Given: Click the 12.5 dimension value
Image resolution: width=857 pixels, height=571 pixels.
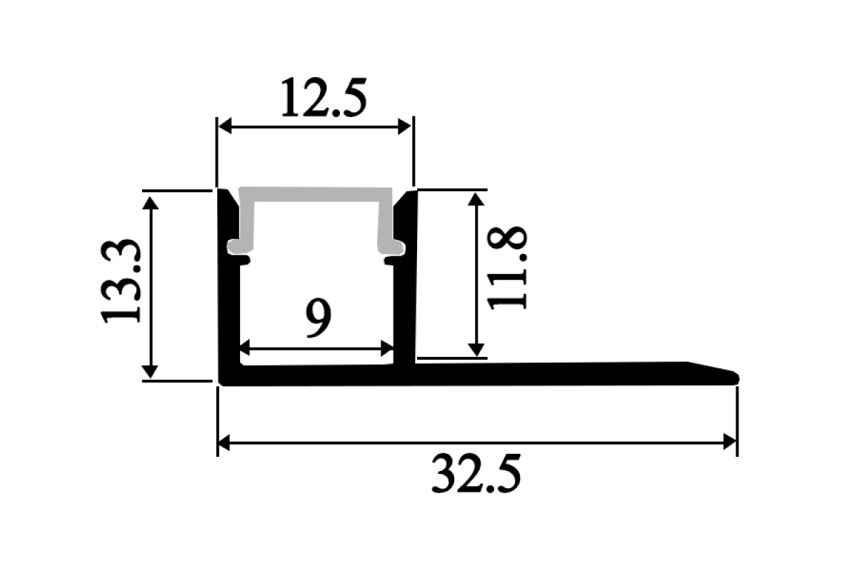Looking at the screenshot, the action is pyautogui.click(x=324, y=98).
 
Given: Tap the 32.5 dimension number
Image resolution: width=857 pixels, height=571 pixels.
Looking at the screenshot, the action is pyautogui.click(x=476, y=473).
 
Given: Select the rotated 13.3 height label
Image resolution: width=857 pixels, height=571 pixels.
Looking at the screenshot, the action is pyautogui.click(x=121, y=281).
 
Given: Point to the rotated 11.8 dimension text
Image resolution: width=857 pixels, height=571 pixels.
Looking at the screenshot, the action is pyautogui.click(x=507, y=268).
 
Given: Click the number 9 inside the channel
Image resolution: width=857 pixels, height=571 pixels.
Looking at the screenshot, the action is pyautogui.click(x=319, y=318).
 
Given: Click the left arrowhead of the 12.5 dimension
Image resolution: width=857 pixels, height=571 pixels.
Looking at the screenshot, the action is pyautogui.click(x=224, y=126).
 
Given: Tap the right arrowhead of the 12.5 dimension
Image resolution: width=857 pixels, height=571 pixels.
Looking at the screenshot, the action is pyautogui.click(x=404, y=126).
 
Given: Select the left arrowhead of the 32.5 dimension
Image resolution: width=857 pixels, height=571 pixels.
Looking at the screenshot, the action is pyautogui.click(x=224, y=443).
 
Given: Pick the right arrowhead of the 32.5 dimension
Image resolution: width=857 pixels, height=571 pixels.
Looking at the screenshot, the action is pyautogui.click(x=730, y=443).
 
